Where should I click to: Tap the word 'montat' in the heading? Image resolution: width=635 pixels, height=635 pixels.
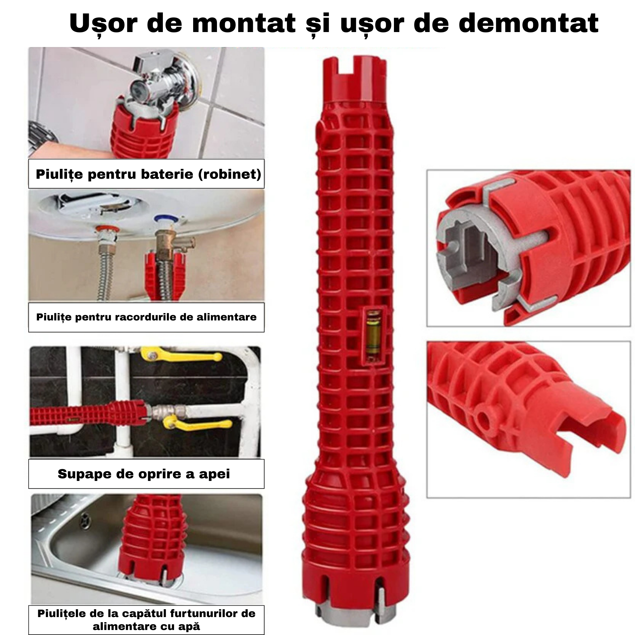tap(243, 24)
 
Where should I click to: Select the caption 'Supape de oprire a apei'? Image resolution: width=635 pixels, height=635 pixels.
tap(144, 474)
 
